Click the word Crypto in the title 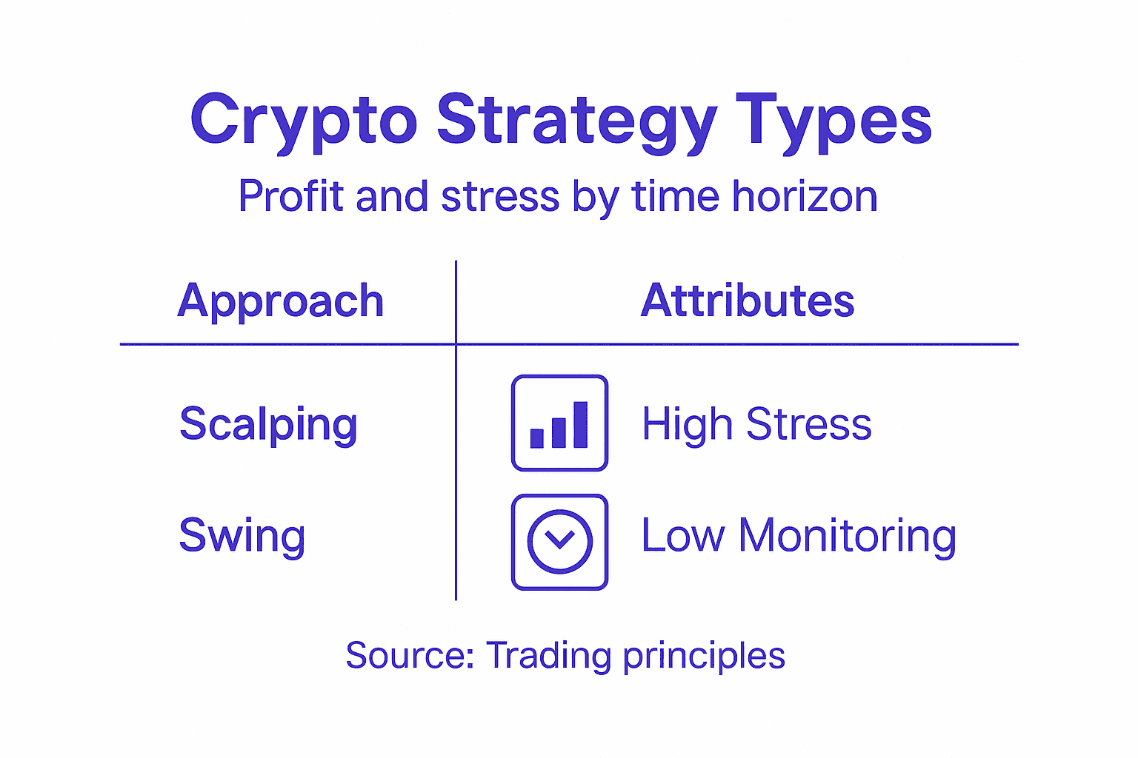[x=304, y=121]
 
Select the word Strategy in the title [x=576, y=121]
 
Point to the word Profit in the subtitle [x=291, y=197]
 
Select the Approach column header [x=281, y=301]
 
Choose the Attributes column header [x=748, y=301]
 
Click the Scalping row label [x=268, y=424]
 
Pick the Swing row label [x=242, y=536]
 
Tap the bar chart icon [x=559, y=423]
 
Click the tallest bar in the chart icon [x=580, y=425]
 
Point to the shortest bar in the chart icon [x=537, y=438]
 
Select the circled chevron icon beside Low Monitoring [x=559, y=542]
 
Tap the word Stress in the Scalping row [x=808, y=424]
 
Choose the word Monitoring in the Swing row [x=847, y=536]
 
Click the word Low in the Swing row [x=682, y=535]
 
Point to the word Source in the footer [x=410, y=656]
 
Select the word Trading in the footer [x=548, y=656]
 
